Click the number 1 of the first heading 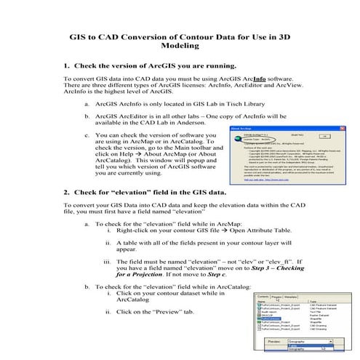pos(67,64)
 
